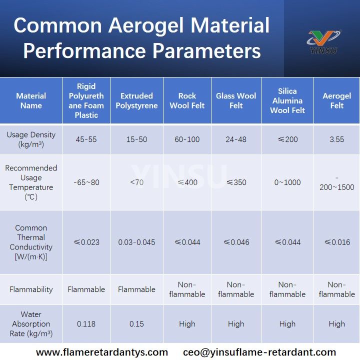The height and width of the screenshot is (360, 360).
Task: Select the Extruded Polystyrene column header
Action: [x=136, y=100]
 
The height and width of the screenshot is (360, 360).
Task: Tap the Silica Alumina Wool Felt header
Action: [x=287, y=100]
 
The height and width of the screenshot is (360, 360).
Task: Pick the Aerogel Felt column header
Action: [x=336, y=100]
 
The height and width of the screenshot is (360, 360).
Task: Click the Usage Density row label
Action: [x=31, y=139]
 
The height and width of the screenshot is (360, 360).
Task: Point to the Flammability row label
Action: [x=31, y=289]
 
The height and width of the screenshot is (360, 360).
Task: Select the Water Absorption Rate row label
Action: [x=31, y=324]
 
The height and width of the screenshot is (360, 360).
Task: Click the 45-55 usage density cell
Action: [x=86, y=139]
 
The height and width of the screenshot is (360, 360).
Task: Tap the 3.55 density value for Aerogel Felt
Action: [x=336, y=139]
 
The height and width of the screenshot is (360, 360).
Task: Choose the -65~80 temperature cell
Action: [x=86, y=182]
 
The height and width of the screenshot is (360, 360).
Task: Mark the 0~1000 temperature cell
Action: [x=287, y=182]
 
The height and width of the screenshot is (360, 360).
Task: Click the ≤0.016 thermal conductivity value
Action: [x=336, y=242]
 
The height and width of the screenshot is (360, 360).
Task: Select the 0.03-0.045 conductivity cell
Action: [x=136, y=242]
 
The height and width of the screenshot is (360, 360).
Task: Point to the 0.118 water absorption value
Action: [x=86, y=324]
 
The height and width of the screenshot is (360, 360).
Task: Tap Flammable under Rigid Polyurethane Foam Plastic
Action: [x=86, y=289]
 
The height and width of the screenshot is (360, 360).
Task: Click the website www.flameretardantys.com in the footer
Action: [x=102, y=352]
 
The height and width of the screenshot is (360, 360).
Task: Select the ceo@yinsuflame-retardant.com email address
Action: [x=259, y=352]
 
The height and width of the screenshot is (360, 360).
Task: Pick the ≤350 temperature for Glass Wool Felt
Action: [x=235, y=182]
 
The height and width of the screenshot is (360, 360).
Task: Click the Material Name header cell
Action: [x=31, y=100]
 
